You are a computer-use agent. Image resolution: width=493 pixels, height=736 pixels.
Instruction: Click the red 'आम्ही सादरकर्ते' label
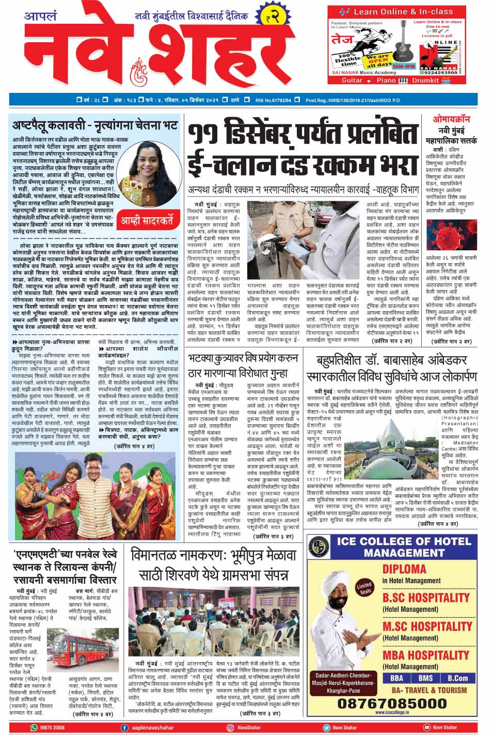click(x=147, y=221)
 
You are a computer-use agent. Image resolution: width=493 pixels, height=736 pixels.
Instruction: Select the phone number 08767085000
click(x=392, y=703)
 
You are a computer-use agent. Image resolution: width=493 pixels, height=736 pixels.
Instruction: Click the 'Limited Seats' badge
click(x=364, y=588)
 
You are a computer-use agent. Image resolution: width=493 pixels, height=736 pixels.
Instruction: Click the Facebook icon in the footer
click(x=124, y=728)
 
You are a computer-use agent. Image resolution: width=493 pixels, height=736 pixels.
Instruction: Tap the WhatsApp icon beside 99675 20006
click(x=35, y=728)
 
